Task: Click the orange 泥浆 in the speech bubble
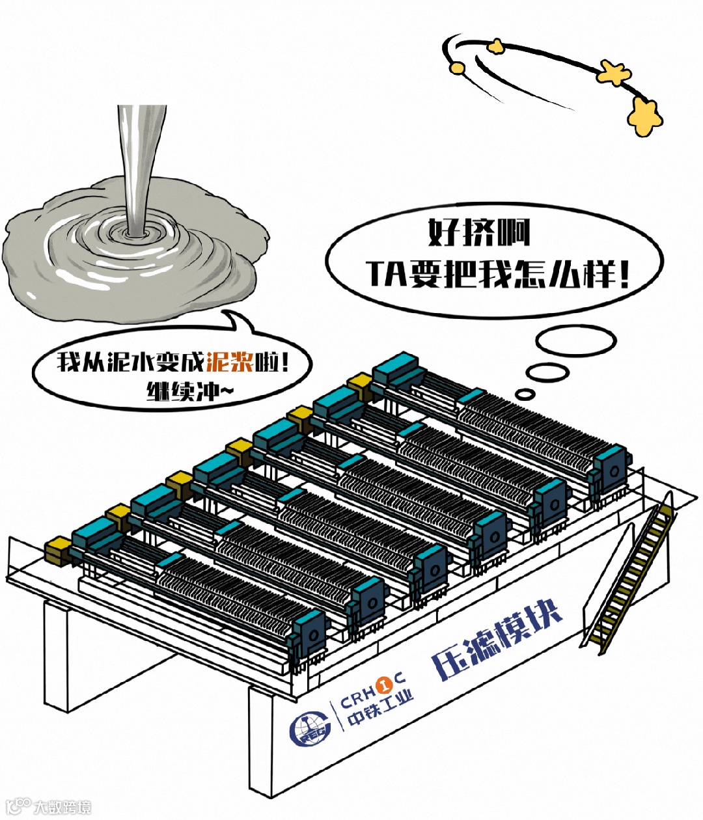point(230,361)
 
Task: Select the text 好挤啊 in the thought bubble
point(479,233)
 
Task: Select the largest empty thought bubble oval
point(576,340)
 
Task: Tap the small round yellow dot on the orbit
point(458,68)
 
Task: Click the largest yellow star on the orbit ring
point(644,116)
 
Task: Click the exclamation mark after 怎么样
point(624,275)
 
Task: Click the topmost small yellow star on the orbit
point(496,46)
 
